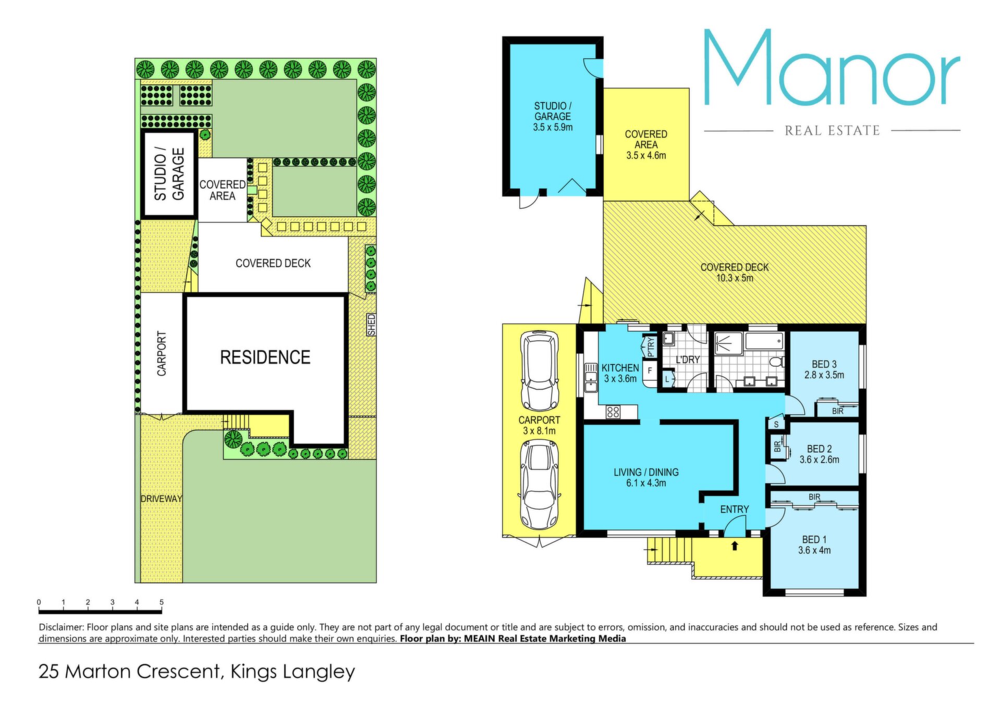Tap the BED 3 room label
coord(824,364)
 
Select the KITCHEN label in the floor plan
coord(620,368)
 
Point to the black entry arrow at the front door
coord(735,545)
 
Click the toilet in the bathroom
coord(777,361)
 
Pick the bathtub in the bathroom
coord(764,342)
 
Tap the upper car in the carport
coord(540,370)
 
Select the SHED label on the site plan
coord(371,325)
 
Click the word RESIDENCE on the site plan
coord(265,357)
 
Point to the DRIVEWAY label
coord(162,499)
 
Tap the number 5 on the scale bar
coord(162,602)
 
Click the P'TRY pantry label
coord(650,347)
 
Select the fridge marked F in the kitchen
coord(650,371)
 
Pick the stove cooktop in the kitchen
coord(613,412)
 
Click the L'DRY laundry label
coord(688,359)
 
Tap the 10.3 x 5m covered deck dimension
coord(735,278)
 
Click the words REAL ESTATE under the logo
coord(832,130)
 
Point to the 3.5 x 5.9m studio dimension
coord(553,127)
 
